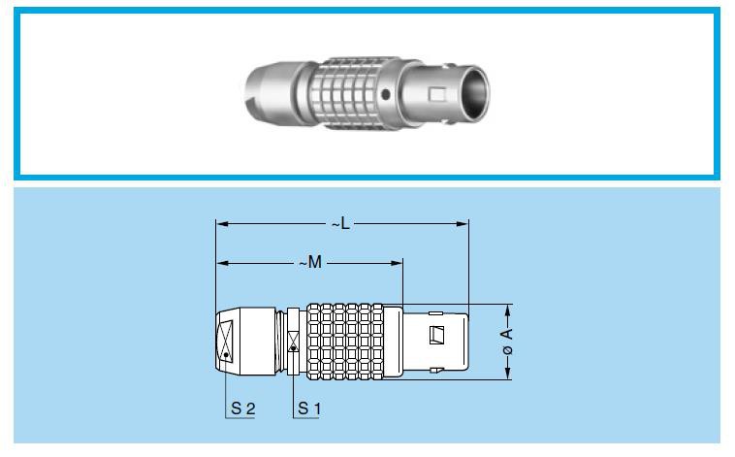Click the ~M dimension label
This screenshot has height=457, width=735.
pyautogui.click(x=308, y=263)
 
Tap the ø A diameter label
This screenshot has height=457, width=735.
pyautogui.click(x=508, y=342)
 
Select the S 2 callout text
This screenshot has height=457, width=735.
pyautogui.click(x=242, y=408)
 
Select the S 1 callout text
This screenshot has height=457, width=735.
pyautogui.click(x=308, y=408)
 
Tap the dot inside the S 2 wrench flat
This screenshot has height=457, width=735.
pyautogui.click(x=226, y=355)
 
